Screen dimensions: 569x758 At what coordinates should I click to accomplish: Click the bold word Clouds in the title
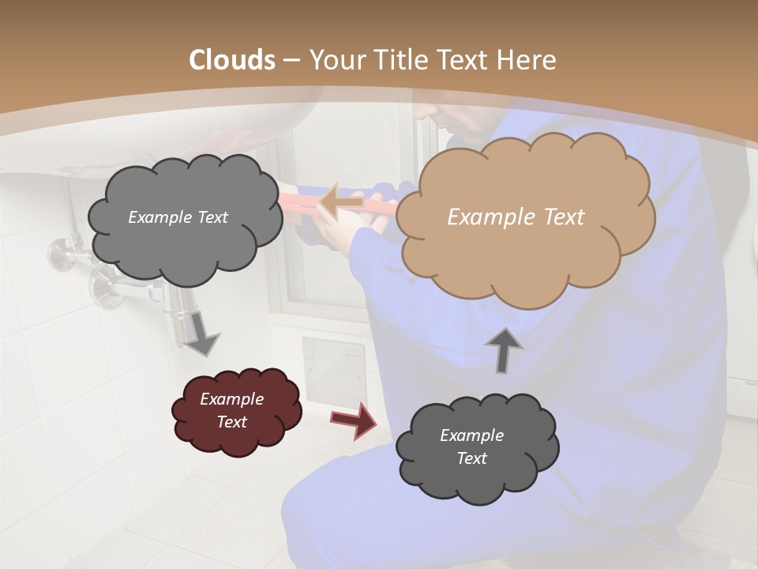click(x=232, y=60)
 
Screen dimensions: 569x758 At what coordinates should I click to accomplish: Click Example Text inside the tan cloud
click(x=516, y=217)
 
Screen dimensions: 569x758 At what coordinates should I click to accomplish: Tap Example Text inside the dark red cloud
click(x=231, y=410)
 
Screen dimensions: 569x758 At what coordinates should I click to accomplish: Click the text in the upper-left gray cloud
click(x=178, y=217)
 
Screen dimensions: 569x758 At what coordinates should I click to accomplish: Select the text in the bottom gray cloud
click(x=471, y=447)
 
